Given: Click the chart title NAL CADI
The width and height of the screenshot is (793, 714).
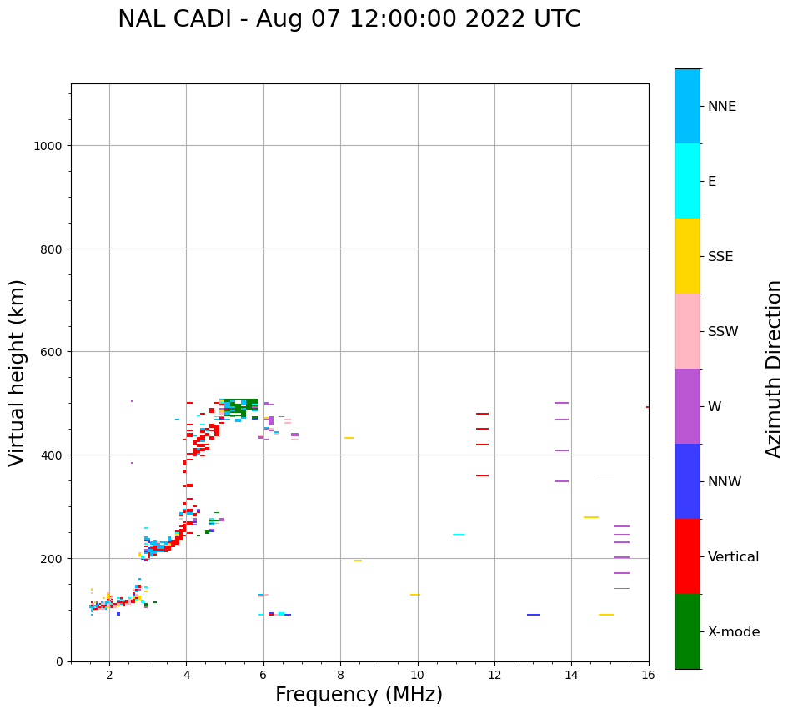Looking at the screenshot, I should [x=349, y=19].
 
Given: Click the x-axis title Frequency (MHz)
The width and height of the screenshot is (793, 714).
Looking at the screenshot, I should [x=359, y=695].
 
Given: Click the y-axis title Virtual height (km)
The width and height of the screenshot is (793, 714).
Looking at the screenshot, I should [x=18, y=373].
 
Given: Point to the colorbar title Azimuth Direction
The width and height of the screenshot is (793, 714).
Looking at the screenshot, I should [x=775, y=369].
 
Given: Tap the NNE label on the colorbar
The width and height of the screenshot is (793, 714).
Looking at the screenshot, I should [x=722, y=106].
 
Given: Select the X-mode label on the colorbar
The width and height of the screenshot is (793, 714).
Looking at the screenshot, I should [x=734, y=632].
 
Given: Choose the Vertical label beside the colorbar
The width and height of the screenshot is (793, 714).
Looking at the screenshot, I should [x=734, y=557].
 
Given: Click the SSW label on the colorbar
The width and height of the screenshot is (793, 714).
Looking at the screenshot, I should [x=723, y=332].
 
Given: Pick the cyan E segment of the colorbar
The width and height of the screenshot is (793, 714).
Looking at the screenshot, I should [x=687, y=181].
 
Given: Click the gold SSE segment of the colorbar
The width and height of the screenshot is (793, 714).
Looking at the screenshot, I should [x=687, y=256].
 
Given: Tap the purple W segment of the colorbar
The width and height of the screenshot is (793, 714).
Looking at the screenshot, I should [x=687, y=406].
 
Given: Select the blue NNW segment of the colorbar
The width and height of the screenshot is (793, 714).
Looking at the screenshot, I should [x=687, y=481].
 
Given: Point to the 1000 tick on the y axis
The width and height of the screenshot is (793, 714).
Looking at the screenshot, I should [x=52, y=146].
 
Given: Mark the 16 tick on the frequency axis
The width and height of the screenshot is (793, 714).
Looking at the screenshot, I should [x=649, y=676].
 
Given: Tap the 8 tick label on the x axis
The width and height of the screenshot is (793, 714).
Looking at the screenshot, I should [x=340, y=676].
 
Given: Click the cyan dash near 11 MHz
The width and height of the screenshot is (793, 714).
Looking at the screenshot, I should [x=459, y=534].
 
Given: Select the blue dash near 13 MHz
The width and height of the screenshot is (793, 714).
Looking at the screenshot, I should [x=534, y=615].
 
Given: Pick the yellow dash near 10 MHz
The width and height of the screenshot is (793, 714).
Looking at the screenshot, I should [x=414, y=595].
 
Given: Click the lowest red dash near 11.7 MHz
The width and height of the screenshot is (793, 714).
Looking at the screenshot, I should [x=482, y=475].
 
